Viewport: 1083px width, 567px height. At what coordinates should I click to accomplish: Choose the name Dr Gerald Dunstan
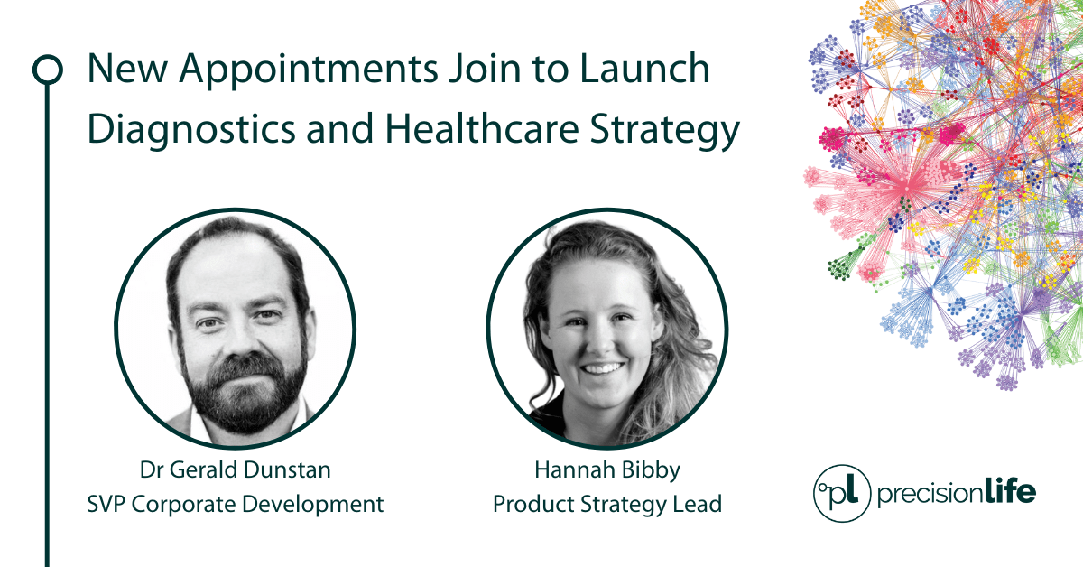(x=235, y=469)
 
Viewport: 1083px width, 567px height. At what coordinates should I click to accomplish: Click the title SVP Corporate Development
(x=235, y=504)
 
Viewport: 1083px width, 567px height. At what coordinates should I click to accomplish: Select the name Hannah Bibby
(x=606, y=469)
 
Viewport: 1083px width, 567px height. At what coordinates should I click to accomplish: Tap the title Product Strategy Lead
(x=606, y=504)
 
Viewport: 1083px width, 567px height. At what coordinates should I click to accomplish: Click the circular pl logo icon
(x=841, y=494)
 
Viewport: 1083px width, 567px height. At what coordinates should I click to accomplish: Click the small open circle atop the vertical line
(x=47, y=70)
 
